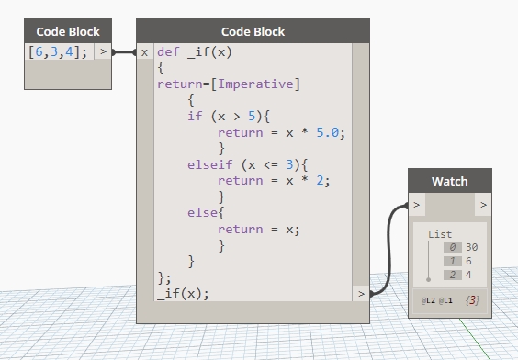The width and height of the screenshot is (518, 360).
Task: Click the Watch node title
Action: [x=449, y=181]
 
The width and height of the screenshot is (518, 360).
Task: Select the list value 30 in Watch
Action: [x=472, y=247]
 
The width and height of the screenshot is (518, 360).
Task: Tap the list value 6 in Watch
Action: [x=469, y=261]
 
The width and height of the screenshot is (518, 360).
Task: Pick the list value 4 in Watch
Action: [x=469, y=275]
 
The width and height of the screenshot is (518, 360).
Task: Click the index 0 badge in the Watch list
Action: [x=451, y=247]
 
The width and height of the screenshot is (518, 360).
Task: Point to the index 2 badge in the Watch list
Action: [x=451, y=275]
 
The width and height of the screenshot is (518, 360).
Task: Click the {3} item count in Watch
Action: [x=473, y=300]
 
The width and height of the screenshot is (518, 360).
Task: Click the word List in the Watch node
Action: [x=440, y=234]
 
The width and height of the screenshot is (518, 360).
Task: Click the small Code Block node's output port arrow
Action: [x=103, y=52]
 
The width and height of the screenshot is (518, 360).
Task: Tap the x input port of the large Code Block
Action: [x=145, y=52]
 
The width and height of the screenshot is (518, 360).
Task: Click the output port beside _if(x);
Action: [x=360, y=294]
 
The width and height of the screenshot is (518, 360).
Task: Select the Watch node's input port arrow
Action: [x=417, y=204]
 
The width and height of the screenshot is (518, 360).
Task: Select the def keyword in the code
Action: [x=168, y=52]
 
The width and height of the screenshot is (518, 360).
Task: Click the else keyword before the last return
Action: [x=202, y=213]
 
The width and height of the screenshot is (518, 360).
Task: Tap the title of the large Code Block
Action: [x=253, y=31]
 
